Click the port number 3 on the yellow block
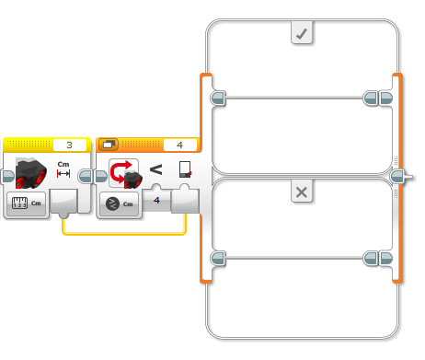pos(70,145)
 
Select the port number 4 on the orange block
pos(180,145)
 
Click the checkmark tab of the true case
pos(302,32)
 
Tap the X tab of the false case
pos(302,192)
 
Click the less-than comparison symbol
pos(155,169)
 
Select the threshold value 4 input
pos(156,201)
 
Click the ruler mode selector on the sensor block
pos(26,203)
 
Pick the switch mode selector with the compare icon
pos(120,203)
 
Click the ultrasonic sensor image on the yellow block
pos(30,172)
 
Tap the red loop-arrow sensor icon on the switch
pos(124,172)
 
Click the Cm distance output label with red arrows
pos(63,169)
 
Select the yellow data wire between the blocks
pos(124,234)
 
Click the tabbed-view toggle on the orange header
pos(109,145)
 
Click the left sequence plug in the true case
pos(218,99)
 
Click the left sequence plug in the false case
pos(218,258)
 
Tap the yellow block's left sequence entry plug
pos(7,177)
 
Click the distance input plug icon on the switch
pos(185,169)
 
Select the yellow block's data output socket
pos(63,203)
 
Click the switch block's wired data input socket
pos(185,200)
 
